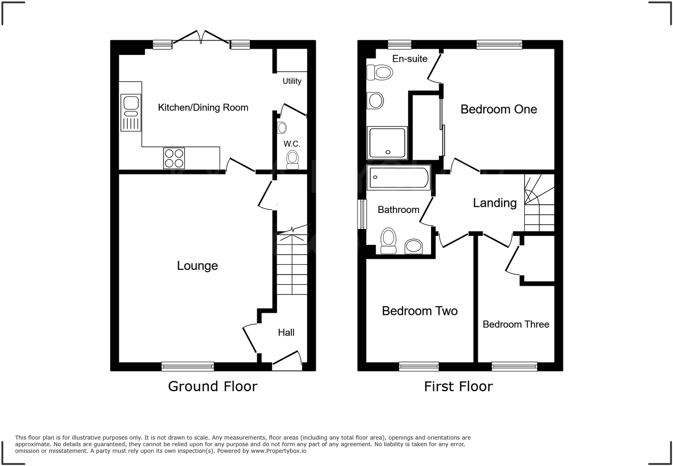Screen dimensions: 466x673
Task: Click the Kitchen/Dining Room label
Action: [x=203, y=108]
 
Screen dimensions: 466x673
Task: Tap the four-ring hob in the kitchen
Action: [x=174, y=158]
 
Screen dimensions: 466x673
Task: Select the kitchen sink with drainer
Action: [x=130, y=112]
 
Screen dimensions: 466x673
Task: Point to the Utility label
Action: [x=292, y=81]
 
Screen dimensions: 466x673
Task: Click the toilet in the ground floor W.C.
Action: [x=293, y=159]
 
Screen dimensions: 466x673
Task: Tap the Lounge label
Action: [x=197, y=266]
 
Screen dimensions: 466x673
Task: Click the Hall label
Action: [x=286, y=333]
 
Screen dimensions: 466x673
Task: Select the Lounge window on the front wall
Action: [x=188, y=367]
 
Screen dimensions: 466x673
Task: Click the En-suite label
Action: [x=409, y=59]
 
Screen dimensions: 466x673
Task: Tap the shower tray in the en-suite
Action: [x=387, y=143]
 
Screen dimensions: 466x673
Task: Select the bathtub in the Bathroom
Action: [x=399, y=177]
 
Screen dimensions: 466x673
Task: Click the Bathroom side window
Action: [x=362, y=214]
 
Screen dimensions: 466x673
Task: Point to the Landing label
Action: [x=494, y=203]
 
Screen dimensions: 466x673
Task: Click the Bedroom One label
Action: [x=498, y=109]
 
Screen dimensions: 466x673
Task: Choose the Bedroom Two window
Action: [x=418, y=367]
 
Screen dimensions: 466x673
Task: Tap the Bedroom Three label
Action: [x=516, y=324]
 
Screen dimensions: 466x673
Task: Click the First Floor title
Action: [x=458, y=386]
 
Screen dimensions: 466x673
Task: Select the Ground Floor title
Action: [x=212, y=386]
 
